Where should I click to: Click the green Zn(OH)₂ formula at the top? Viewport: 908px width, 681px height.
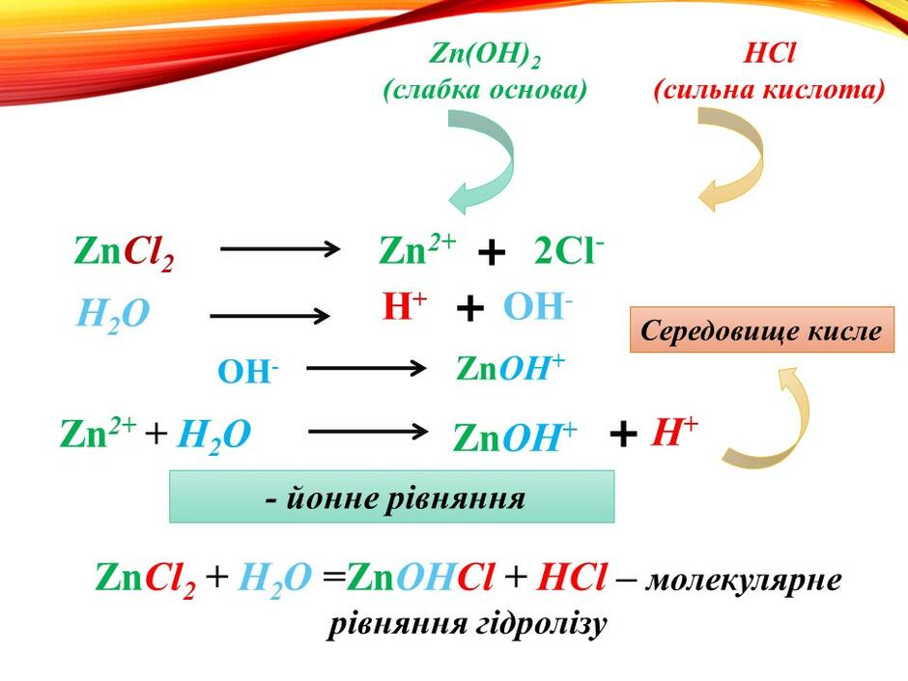tap(485, 56)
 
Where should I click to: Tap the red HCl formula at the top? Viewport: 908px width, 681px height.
tap(769, 53)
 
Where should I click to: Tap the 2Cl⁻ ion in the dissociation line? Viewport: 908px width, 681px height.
tap(569, 251)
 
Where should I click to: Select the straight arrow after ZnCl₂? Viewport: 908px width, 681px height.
tap(280, 249)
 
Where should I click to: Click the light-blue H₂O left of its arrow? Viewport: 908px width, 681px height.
tap(113, 315)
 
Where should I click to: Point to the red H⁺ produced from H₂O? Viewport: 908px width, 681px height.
tap(404, 306)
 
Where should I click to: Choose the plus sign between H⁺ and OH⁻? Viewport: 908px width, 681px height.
tap(470, 308)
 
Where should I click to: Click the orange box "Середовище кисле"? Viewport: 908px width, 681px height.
tap(762, 329)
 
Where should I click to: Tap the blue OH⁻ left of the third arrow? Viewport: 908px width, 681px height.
tap(248, 371)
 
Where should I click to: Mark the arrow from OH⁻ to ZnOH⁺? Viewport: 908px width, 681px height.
tap(366, 368)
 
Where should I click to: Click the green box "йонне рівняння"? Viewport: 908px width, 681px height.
tap(391, 497)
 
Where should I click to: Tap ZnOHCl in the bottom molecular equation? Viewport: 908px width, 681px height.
tap(421, 578)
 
